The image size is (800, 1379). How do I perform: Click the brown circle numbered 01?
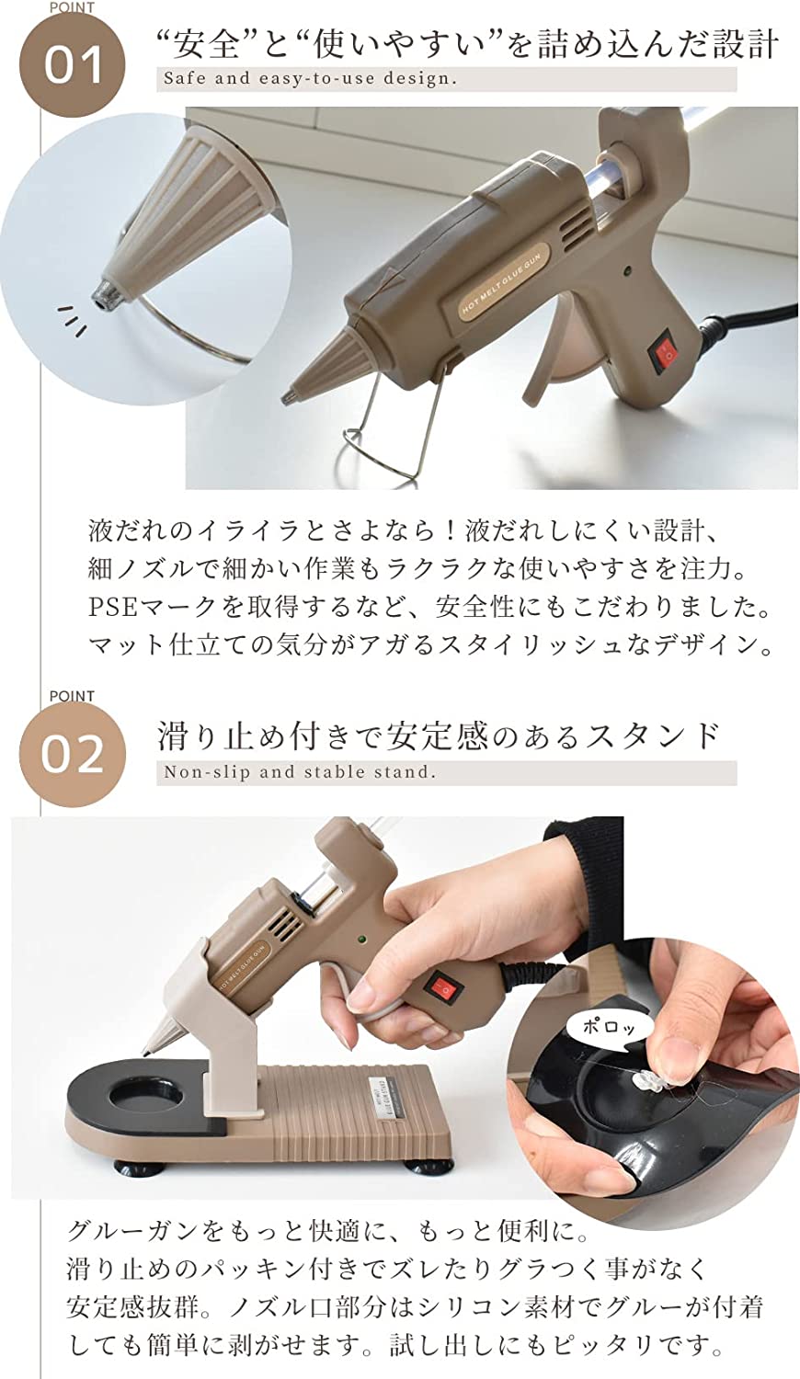[73, 66]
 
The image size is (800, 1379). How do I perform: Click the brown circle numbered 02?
[73, 756]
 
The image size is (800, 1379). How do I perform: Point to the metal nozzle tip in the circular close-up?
[102, 294]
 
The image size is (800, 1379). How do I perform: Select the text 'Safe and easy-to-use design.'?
[311, 79]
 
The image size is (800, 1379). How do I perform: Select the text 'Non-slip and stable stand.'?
[300, 772]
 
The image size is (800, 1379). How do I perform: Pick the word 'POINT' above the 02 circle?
[72, 696]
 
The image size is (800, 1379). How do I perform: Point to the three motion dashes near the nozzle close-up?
[73, 321]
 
